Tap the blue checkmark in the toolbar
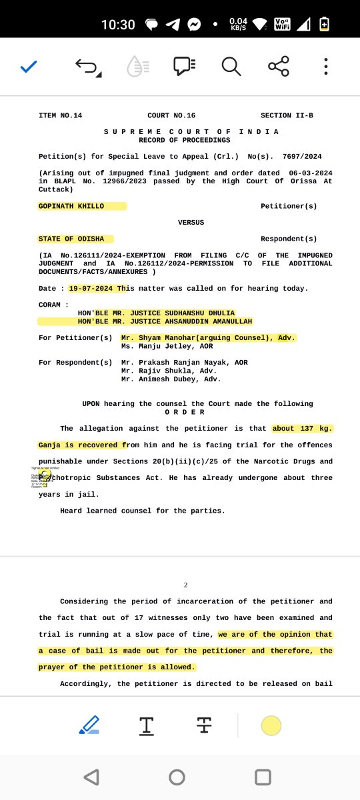pyautogui.click(x=28, y=66)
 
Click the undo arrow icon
pyautogui.click(x=87, y=66)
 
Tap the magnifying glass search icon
pyautogui.click(x=231, y=66)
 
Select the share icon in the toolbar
pyautogui.click(x=278, y=66)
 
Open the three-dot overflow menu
pyautogui.click(x=325, y=66)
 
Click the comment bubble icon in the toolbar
pyautogui.click(x=184, y=66)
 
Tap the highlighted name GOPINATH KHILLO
pyautogui.click(x=72, y=207)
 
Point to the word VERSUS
pyautogui.click(x=191, y=223)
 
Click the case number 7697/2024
pyautogui.click(x=302, y=157)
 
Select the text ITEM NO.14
pyautogui.click(x=61, y=116)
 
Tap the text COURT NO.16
pyautogui.click(x=171, y=116)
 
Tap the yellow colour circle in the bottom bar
pyautogui.click(x=271, y=726)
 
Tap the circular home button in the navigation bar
pyautogui.click(x=177, y=777)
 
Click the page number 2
pyautogui.click(x=186, y=585)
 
